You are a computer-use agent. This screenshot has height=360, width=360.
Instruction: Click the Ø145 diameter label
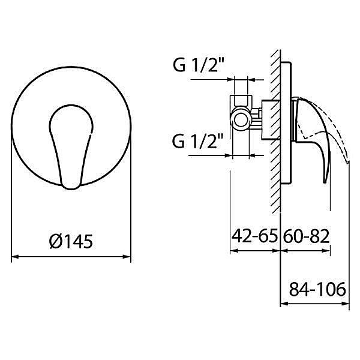coord(71,241)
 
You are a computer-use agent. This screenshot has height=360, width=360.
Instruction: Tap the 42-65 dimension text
coord(254,236)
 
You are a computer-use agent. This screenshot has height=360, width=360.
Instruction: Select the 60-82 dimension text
coord(306,236)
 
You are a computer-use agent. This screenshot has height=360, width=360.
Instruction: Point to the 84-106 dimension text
coord(317,289)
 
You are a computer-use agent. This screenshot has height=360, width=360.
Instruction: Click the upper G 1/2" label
coord(199,65)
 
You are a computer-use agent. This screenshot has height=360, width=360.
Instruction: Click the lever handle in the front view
coord(71,147)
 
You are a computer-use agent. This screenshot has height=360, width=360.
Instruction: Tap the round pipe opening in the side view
coord(241,121)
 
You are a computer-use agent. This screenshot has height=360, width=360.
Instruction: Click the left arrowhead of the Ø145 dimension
coord(14,256)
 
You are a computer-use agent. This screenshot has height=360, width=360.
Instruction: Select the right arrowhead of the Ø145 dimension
coord(127,256)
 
